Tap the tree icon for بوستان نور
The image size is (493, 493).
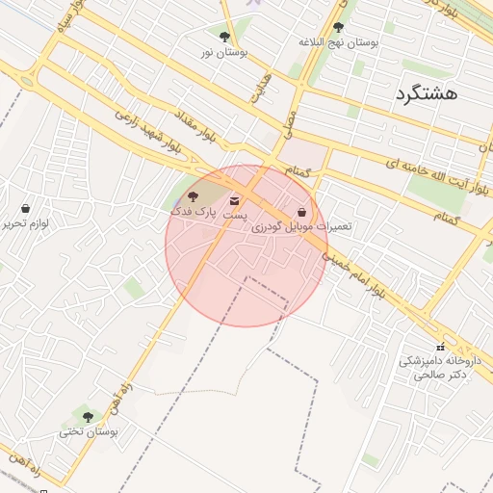224,38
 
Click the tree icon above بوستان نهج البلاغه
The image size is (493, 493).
337,28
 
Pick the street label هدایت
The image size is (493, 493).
261,87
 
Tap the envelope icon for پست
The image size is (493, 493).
236,201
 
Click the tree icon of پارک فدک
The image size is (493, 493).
193,196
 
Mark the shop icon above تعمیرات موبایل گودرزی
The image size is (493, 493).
302,212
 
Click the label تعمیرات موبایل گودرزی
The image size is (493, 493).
301,227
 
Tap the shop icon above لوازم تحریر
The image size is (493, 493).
25,208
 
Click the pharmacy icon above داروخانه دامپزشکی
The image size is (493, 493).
441,347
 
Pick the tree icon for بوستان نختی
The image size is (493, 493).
88,417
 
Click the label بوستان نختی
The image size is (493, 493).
89,432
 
